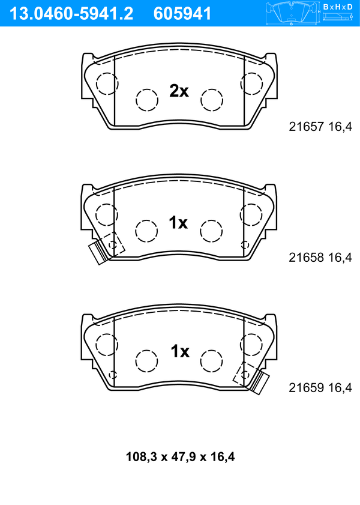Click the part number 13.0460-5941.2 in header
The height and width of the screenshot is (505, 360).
(71, 14)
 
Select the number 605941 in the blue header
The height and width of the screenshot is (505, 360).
(182, 14)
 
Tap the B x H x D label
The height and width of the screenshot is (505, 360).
(338, 7)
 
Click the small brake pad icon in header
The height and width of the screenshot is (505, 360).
(291, 13)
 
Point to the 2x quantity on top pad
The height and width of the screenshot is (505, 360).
(179, 91)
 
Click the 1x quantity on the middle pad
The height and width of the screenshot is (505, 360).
(178, 223)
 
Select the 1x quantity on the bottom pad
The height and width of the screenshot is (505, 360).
(180, 351)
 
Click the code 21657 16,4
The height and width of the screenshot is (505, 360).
(320, 127)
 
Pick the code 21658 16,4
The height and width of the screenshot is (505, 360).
(320, 258)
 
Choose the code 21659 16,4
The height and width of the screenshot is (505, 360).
(320, 388)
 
